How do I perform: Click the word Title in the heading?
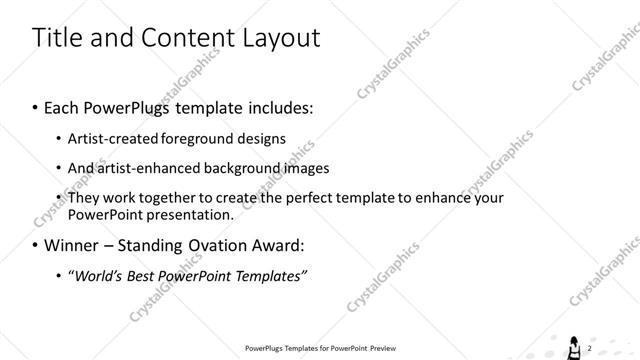(56, 38)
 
